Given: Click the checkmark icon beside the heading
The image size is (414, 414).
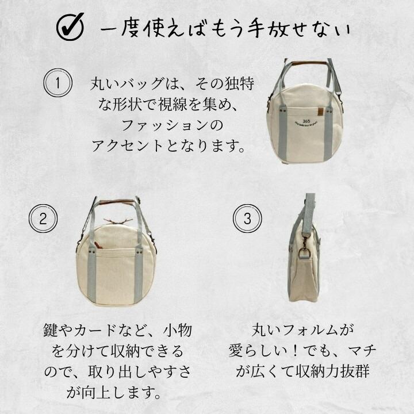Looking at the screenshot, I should click(x=70, y=27).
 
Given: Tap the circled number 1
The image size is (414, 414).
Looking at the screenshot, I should click(x=57, y=83).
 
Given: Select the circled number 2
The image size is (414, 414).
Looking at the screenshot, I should click(x=43, y=218).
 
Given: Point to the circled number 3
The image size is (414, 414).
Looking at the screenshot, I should click(x=247, y=218).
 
